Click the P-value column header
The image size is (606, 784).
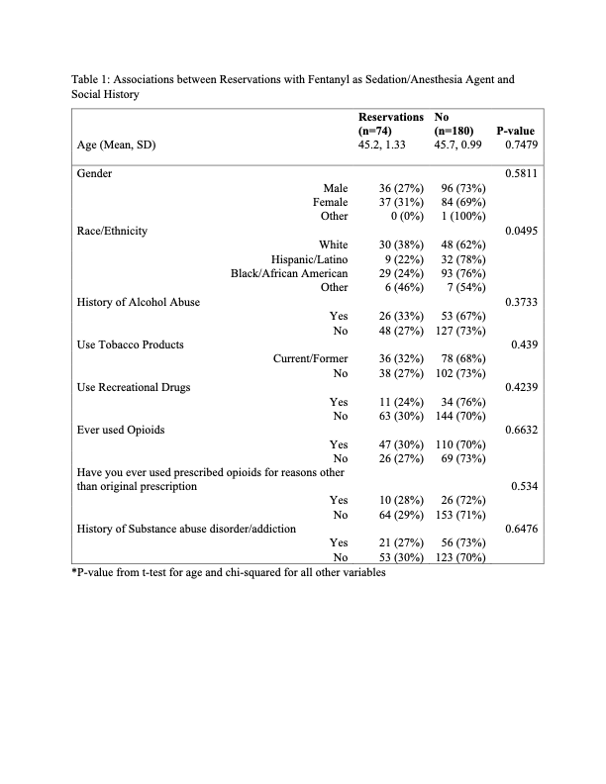pos(516,131)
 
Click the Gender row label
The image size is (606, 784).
pos(94,173)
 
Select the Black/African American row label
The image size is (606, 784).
pos(289,273)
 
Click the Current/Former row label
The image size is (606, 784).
pos(311,359)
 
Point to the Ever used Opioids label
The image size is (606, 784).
pos(121,431)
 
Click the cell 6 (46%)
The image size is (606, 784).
pos(402,287)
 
